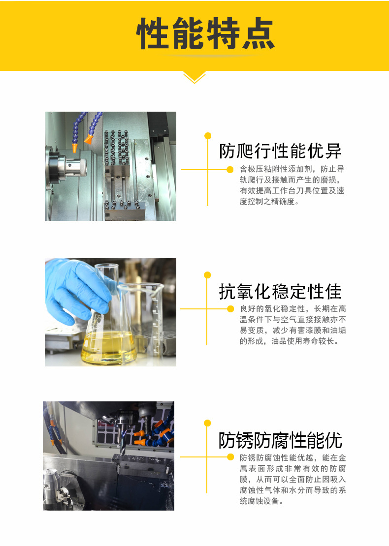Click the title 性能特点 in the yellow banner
point(205,34)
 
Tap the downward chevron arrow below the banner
point(194,78)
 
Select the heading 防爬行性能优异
point(280,151)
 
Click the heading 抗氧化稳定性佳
point(280,292)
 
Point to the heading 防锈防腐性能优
point(280,440)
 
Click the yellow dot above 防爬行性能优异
point(208,135)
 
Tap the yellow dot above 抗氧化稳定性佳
point(207,275)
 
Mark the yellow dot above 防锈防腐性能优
point(207,423)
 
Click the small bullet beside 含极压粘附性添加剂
point(229,170)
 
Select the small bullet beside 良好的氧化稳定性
point(229,309)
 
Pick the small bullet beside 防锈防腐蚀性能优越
point(229,457)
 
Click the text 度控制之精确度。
point(269,202)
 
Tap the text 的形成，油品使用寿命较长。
point(289,341)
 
